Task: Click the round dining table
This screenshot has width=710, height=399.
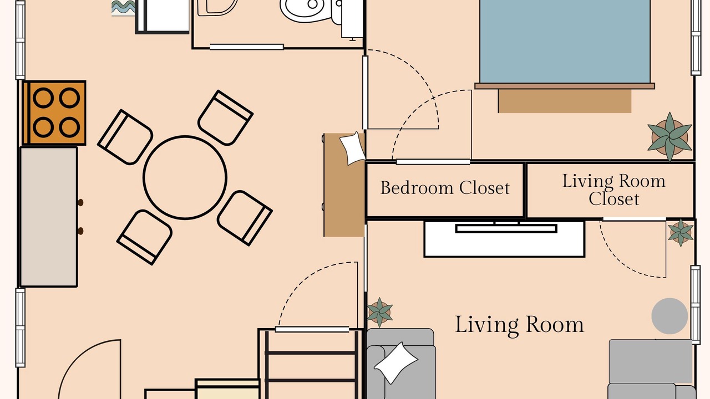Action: [185, 177]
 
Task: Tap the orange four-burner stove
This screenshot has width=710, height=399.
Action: [54, 112]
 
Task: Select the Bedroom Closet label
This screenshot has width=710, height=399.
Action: [445, 188]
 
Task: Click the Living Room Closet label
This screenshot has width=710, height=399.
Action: [613, 190]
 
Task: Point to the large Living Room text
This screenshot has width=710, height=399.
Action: [519, 325]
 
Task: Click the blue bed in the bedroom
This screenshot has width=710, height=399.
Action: [565, 42]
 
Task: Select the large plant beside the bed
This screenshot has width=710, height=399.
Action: [670, 137]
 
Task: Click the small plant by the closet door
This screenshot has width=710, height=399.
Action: [681, 232]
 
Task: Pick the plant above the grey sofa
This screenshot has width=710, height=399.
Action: [379, 312]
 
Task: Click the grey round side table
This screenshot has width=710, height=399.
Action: [670, 316]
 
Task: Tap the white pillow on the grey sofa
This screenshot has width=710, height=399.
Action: [396, 363]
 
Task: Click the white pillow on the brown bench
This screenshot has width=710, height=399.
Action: [352, 149]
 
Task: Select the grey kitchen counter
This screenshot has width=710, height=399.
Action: [49, 217]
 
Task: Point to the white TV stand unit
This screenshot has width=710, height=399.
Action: [505, 239]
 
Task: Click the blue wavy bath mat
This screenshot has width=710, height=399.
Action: [124, 8]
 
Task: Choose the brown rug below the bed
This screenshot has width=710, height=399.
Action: [565, 101]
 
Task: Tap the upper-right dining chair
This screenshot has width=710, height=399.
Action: [225, 118]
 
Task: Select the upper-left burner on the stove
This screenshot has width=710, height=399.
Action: [43, 98]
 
